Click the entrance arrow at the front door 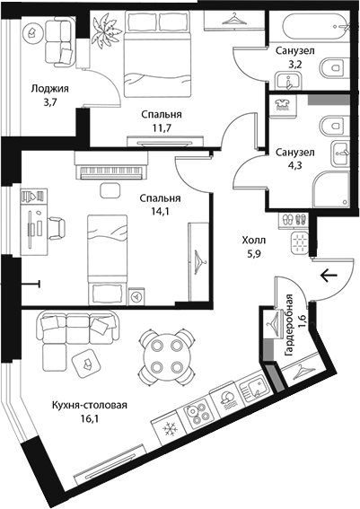[x=329, y=276]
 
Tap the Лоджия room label [x=50, y=89]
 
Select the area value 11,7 [x=162, y=127]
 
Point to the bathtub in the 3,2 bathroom [x=316, y=24]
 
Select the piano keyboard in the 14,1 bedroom [x=111, y=171]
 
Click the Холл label [x=253, y=241]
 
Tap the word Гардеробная [x=288, y=325]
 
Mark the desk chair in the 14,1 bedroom [x=57, y=229]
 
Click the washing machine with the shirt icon [x=282, y=104]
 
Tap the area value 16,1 [x=90, y=418]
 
